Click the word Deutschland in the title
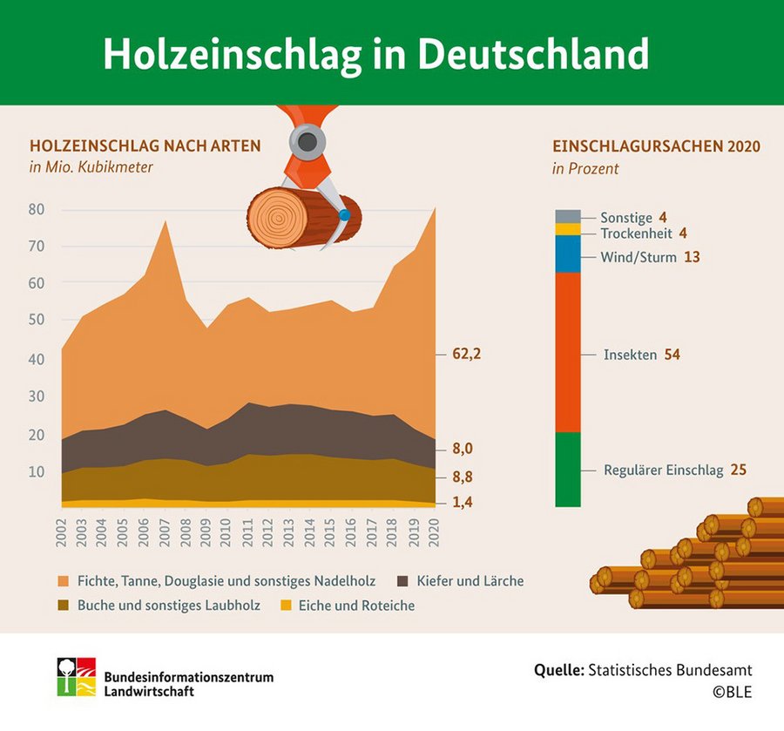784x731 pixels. pyautogui.click(x=533, y=54)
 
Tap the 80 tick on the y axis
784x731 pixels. pyautogui.click(x=37, y=209)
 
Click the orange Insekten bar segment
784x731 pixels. pyautogui.click(x=568, y=353)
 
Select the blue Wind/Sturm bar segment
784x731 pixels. pyautogui.click(x=568, y=254)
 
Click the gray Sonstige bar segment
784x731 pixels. pyautogui.click(x=568, y=216)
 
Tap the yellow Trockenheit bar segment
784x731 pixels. pyautogui.click(x=568, y=229)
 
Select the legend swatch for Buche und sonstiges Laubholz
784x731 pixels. pyautogui.click(x=64, y=605)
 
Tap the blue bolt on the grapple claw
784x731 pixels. pyautogui.click(x=346, y=214)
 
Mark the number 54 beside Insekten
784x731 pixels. pyautogui.click(x=671, y=355)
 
